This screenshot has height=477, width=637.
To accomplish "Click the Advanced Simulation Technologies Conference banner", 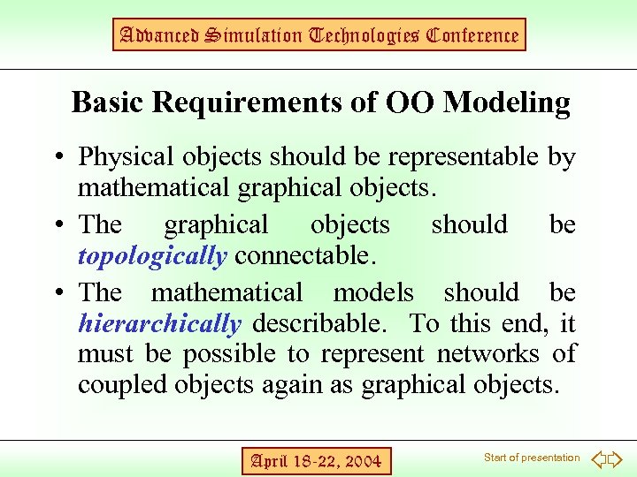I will point(320,35).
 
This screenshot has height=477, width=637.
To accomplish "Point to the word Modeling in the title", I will point(506,103).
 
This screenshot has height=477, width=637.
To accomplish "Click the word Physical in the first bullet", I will point(127,157).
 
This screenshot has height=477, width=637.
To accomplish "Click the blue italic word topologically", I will point(152,256).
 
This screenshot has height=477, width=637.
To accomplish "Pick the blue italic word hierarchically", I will point(159,324).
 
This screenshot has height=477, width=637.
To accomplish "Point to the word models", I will point(372,292).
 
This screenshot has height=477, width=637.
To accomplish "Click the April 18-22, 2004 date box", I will point(316,460).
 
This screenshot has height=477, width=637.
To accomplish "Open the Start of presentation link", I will point(532,458).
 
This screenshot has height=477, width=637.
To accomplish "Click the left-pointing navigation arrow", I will point(597,458).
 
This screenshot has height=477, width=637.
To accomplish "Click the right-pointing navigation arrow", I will point(616,458).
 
